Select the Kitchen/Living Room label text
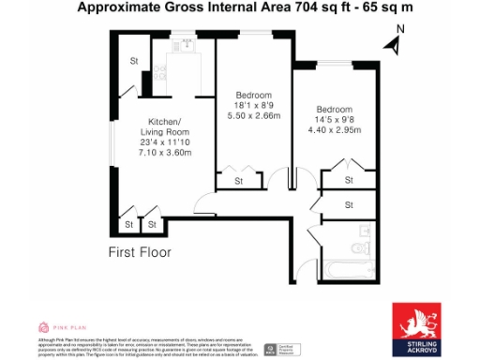[165, 127]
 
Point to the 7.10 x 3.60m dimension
[165, 152]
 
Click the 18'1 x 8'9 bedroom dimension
[254, 107]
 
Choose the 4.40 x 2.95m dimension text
[335, 130]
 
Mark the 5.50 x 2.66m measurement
[254, 117]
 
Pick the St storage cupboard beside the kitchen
[134, 63]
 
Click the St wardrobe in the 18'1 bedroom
[237, 180]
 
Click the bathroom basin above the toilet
[365, 228]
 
